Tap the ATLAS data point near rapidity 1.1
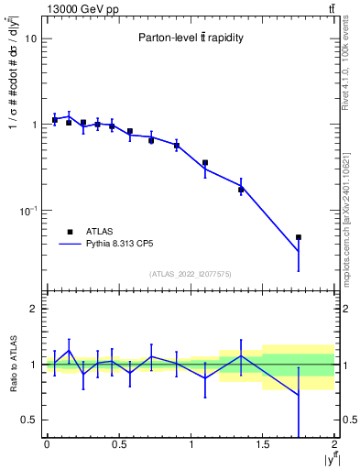205,163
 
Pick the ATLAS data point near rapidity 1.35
241,190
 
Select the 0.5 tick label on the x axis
118,445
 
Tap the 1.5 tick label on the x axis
263,445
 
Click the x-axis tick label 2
335,445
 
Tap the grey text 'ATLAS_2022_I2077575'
191,274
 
